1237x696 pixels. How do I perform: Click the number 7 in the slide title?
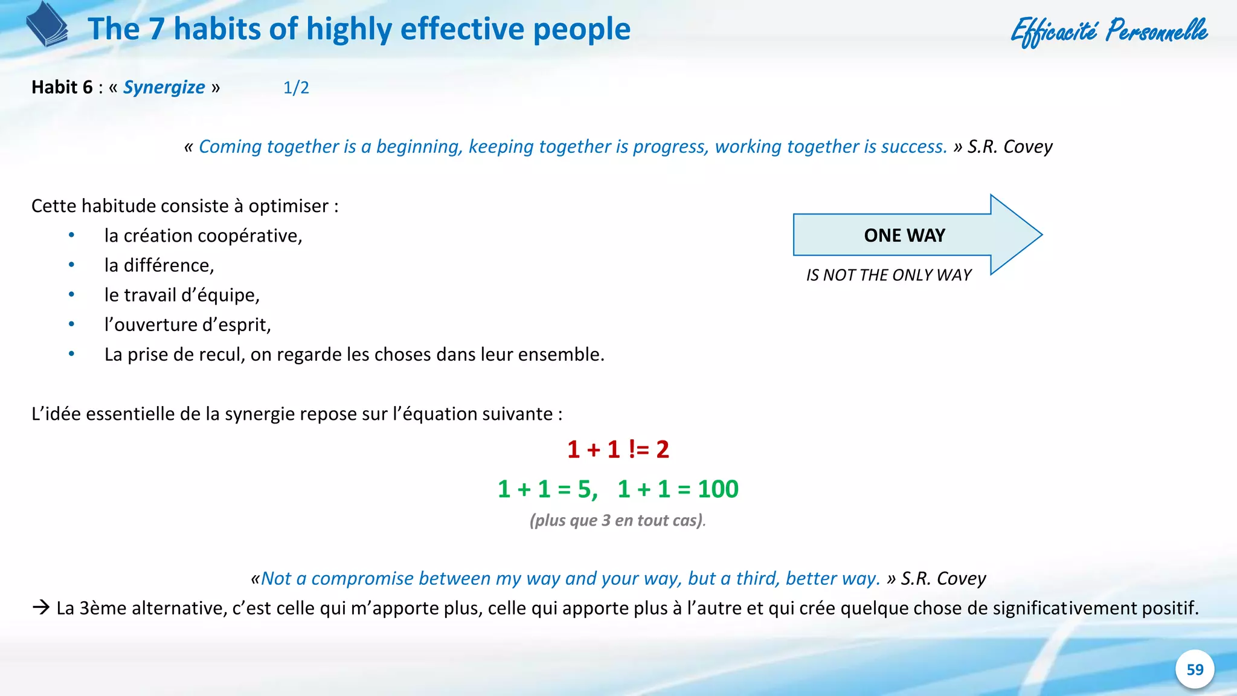click(156, 29)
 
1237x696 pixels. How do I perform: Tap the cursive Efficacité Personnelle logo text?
click(1109, 31)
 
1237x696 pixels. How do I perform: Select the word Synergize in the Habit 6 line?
click(164, 88)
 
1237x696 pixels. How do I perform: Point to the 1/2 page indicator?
click(296, 88)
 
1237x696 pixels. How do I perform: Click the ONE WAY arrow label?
click(904, 235)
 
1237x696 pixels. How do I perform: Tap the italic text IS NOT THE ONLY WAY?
click(888, 275)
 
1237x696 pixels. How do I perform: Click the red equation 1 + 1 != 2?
click(618, 449)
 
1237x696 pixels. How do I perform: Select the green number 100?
click(718, 489)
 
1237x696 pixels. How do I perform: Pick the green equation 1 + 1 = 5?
click(547, 489)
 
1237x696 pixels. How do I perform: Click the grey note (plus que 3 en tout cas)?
click(617, 520)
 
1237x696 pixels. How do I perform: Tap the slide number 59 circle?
click(1195, 669)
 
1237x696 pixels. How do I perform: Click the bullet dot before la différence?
click(72, 265)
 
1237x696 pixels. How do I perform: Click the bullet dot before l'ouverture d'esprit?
click(72, 324)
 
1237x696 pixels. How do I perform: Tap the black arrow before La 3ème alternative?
click(41, 607)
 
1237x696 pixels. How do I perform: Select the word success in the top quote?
click(914, 147)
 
